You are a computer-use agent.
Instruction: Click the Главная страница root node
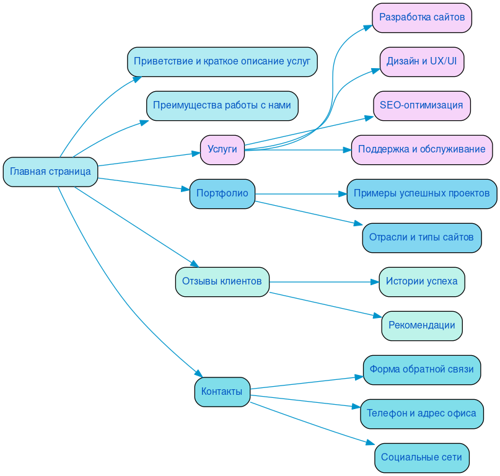click(x=51, y=172)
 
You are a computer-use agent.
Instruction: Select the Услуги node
click(x=222, y=149)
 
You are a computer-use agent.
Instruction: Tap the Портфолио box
click(x=222, y=193)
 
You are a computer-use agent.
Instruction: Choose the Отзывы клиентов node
click(x=222, y=282)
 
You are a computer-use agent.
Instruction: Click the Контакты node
click(x=222, y=392)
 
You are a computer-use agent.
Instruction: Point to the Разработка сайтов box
click(x=422, y=17)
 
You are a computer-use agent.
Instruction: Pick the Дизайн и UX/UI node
click(x=422, y=61)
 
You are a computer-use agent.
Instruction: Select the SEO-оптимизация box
click(x=422, y=105)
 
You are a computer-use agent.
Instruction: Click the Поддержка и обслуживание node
click(x=422, y=149)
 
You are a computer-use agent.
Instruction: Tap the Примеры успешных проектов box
click(x=422, y=193)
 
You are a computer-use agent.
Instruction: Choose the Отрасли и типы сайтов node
click(x=422, y=237)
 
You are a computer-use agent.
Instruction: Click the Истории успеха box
click(x=422, y=282)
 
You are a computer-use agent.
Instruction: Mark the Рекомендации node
click(x=422, y=325)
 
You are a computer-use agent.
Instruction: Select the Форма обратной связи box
click(x=422, y=369)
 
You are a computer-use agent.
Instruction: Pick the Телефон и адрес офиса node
click(x=422, y=413)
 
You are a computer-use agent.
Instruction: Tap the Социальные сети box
click(x=422, y=457)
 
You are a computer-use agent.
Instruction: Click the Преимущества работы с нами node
click(x=222, y=105)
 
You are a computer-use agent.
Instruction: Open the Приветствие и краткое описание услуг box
click(x=222, y=61)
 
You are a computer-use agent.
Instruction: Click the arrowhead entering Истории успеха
click(x=375, y=282)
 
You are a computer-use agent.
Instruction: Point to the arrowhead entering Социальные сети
click(x=371, y=443)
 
